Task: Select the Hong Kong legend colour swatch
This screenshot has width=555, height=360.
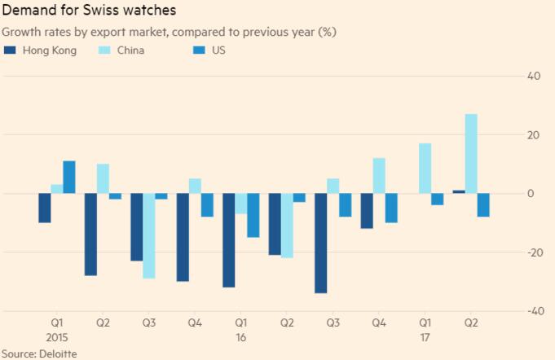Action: pyautogui.click(x=10, y=50)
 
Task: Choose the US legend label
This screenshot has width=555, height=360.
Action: pyautogui.click(x=218, y=50)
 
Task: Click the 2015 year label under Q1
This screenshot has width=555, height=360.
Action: pyautogui.click(x=57, y=336)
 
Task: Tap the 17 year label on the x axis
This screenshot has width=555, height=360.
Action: pyautogui.click(x=425, y=336)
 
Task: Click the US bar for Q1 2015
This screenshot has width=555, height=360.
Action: pyautogui.click(x=69, y=178)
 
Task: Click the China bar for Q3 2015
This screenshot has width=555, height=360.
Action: pyautogui.click(x=149, y=236)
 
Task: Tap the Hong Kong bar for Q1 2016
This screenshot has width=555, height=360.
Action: pyautogui.click(x=229, y=240)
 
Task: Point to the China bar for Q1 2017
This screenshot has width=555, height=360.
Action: pyautogui.click(x=425, y=169)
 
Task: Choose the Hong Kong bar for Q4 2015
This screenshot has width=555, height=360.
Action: pyautogui.click(x=183, y=237)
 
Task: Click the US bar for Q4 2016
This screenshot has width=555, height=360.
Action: pyautogui.click(x=392, y=208)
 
